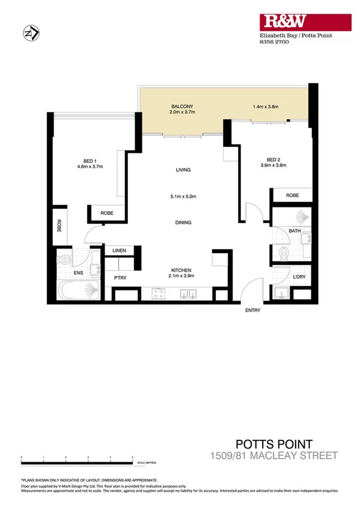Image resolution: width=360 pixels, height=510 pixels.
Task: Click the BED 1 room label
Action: (x=90, y=161)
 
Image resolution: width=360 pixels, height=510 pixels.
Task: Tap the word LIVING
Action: (x=183, y=170)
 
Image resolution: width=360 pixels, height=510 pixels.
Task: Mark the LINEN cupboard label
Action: (x=118, y=251)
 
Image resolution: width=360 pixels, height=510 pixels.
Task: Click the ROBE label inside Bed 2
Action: (x=292, y=195)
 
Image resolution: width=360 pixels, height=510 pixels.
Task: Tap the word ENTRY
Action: (x=252, y=310)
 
